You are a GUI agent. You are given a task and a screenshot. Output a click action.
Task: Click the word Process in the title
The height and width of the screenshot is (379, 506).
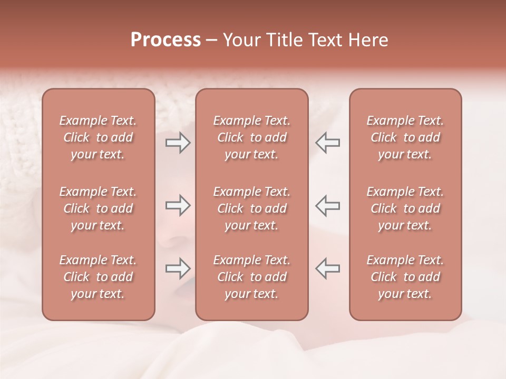166,40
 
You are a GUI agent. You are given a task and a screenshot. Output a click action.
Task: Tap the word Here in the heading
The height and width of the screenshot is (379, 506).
368,40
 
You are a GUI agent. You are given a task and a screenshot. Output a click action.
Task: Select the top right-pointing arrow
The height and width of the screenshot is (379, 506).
178,143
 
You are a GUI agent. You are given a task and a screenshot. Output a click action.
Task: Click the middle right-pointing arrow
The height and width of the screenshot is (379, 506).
178,206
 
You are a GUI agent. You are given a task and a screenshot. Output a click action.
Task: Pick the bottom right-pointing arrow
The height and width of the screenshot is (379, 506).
178,268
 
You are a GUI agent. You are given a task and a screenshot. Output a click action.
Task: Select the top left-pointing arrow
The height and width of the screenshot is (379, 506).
328,143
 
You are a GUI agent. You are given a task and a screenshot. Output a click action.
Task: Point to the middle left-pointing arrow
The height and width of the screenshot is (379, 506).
328,206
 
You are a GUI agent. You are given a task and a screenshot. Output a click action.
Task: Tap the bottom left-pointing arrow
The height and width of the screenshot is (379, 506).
328,268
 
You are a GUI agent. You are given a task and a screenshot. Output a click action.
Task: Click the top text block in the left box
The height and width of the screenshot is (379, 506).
98,137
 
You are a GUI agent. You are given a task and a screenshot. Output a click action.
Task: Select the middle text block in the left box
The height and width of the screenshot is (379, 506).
98,208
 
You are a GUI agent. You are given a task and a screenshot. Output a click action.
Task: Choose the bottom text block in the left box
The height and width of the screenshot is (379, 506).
98,277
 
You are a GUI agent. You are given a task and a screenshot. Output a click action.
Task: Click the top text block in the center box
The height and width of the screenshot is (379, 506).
251,137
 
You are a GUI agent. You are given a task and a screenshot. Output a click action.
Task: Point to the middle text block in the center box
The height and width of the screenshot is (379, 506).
251,208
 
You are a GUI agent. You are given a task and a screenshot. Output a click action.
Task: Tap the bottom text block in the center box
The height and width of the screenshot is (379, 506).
251,277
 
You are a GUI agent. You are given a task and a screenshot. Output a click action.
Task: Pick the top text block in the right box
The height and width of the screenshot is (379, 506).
405,137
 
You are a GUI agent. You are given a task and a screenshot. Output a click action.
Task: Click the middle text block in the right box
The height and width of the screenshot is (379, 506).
405,208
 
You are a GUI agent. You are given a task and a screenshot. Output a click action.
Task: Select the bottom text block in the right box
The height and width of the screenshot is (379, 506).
405,277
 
